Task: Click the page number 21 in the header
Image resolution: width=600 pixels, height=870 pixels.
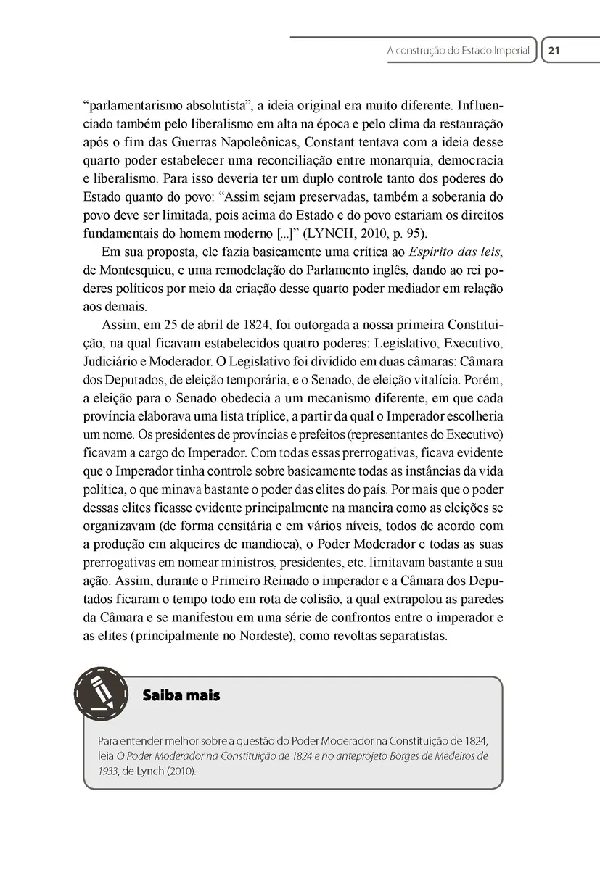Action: [x=555, y=51]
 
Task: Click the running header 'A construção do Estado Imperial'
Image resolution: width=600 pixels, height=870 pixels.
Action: [x=459, y=51]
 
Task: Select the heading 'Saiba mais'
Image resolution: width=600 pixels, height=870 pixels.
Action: [x=181, y=695]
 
